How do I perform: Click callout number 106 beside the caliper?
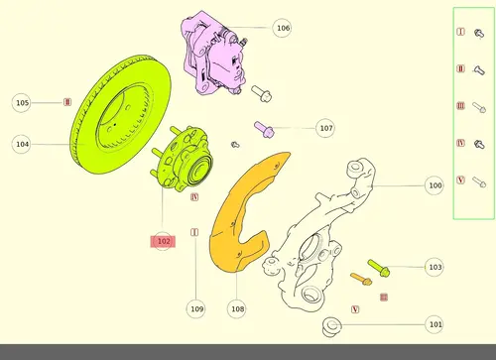coord(282,28)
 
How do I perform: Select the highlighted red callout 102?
coord(163,241)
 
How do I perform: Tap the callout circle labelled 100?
coord(434,185)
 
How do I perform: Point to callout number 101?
coord(434,324)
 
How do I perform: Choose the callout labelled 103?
coord(434,267)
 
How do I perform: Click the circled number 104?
coord(22,144)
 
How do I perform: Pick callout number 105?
coord(22,103)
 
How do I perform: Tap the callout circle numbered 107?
coord(325,128)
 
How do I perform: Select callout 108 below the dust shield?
coord(237,308)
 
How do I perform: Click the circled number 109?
coord(196,308)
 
